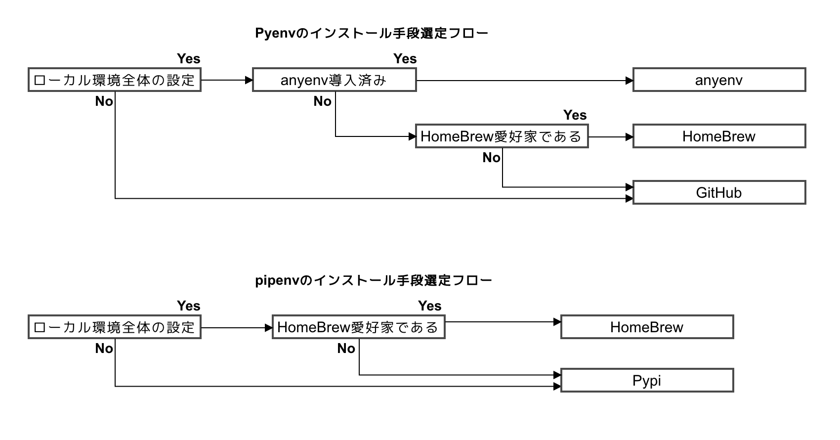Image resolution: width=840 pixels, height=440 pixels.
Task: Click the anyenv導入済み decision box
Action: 334,80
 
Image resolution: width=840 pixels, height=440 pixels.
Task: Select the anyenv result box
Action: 719,80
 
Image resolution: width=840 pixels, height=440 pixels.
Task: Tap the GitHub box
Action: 719,193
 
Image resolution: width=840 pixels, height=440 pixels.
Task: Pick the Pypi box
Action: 647,381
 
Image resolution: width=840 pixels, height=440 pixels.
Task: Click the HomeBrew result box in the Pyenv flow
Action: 719,136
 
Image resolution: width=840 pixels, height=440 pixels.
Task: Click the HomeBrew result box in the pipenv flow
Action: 647,327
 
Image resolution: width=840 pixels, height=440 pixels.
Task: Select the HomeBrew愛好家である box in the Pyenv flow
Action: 502,136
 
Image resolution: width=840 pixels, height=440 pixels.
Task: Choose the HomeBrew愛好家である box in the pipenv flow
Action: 358,327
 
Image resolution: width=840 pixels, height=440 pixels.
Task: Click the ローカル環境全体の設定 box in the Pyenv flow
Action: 115,80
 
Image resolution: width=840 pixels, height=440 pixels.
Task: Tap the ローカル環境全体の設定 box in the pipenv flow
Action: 115,327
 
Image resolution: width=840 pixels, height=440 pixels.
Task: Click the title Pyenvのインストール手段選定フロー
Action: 372,33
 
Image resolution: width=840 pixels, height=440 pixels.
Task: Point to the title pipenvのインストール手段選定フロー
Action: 374,280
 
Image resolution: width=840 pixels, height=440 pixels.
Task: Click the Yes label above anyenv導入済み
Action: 405,59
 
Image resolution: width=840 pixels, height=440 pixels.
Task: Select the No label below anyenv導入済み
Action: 322,101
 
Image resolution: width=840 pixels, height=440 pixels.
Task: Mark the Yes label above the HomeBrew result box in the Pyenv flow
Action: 575,115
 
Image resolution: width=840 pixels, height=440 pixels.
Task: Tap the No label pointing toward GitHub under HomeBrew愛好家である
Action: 491,158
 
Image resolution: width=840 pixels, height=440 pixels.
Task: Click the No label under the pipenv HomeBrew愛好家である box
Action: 346,349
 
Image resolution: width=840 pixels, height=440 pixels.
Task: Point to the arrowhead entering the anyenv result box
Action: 629,81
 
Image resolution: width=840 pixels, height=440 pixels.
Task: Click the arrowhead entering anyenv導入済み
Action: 249,80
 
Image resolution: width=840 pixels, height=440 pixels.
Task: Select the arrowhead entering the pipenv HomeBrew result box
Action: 557,322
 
